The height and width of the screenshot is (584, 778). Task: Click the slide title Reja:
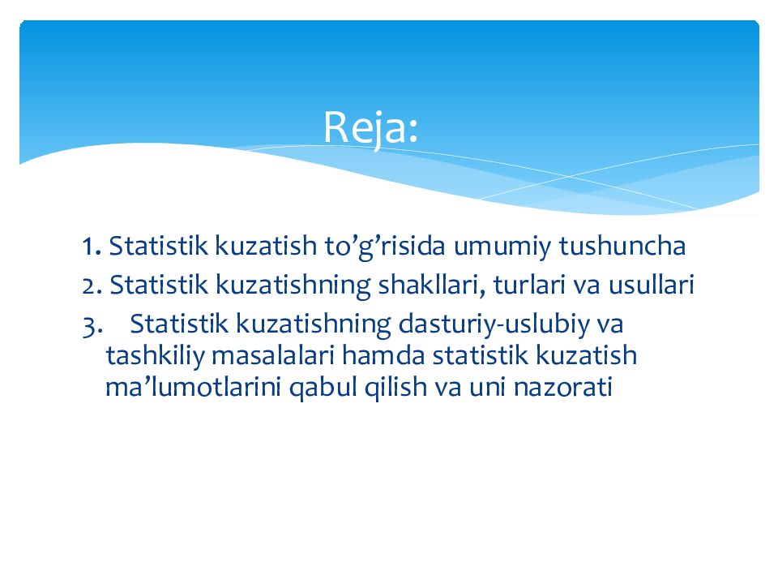coord(371,127)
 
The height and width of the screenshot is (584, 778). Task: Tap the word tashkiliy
coord(154,356)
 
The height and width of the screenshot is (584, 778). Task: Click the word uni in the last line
coord(487,388)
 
